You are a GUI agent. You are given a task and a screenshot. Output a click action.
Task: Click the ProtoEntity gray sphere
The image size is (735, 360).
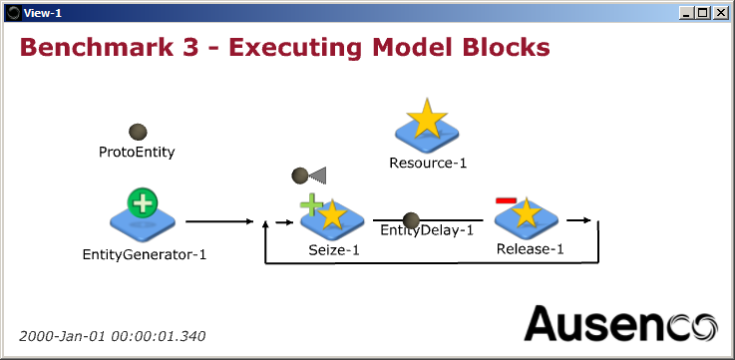point(139,132)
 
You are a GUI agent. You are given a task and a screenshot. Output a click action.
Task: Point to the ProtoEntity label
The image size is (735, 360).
point(137,153)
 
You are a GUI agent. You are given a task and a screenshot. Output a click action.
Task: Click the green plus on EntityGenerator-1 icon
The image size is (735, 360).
point(143,203)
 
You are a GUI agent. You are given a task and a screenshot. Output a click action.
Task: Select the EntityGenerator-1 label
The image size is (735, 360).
point(145,254)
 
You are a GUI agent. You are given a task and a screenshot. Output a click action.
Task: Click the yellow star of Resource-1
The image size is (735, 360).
point(427,119)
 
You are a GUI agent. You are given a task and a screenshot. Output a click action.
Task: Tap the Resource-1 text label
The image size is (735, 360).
point(428,163)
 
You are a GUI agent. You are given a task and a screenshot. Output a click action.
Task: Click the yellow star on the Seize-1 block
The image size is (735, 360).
point(332,213)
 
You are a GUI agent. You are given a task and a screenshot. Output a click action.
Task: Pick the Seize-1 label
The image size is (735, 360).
point(334,250)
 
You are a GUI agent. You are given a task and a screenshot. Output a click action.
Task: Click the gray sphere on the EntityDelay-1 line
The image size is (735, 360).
point(411,220)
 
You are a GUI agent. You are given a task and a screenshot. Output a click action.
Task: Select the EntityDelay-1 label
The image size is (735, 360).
point(427,231)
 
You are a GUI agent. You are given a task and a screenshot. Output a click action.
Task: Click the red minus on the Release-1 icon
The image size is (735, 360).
point(506,201)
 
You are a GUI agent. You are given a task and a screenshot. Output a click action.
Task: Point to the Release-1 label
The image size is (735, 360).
point(530,249)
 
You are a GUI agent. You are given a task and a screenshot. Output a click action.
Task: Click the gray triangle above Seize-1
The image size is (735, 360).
point(318,176)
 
